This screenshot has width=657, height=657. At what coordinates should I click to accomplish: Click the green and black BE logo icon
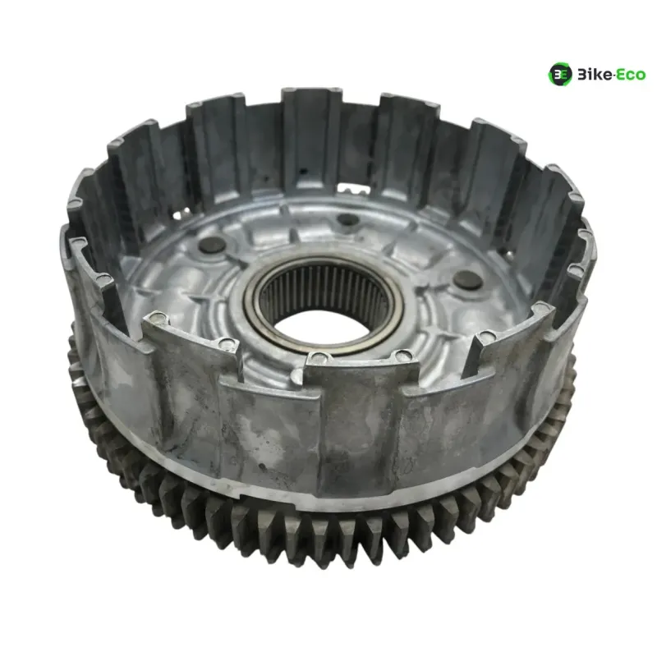[x=560, y=74]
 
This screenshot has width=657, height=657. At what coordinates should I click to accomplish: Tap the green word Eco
[x=632, y=75]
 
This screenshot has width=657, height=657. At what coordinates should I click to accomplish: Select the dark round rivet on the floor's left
[x=212, y=245]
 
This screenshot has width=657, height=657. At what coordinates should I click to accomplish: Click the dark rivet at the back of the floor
[x=347, y=219]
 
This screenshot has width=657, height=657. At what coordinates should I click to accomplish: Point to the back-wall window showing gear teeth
[x=353, y=190]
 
